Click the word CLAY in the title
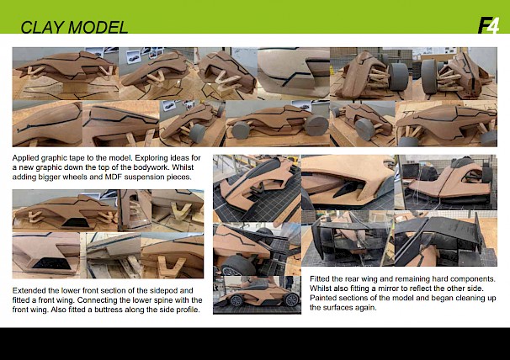[x=42, y=27]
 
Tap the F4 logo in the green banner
[x=488, y=25]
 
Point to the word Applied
[x=25, y=158]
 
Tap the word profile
[x=188, y=310]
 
